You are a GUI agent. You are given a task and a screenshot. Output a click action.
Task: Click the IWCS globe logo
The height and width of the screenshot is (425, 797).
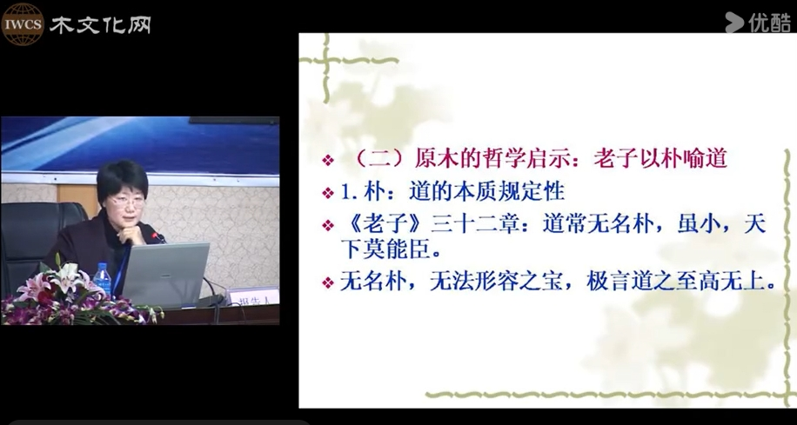pyautogui.click(x=23, y=23)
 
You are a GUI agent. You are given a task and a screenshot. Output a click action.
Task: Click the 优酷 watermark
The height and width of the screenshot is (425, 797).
pyautogui.click(x=758, y=23)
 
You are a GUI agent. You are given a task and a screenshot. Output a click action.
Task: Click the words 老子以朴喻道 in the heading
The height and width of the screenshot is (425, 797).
pyautogui.click(x=660, y=159)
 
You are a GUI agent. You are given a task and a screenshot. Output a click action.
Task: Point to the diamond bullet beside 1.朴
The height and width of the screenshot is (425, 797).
pyautogui.click(x=328, y=193)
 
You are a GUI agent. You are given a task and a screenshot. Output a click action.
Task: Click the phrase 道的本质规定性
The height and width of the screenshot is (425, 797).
pyautogui.click(x=487, y=192)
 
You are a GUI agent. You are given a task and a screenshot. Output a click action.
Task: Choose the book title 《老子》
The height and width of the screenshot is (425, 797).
pyautogui.click(x=385, y=224)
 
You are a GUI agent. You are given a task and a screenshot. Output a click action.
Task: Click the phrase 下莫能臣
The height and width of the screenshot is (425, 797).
pyautogui.click(x=385, y=250)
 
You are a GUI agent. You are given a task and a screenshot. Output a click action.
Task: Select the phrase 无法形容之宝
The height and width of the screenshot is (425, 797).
pyautogui.click(x=496, y=282)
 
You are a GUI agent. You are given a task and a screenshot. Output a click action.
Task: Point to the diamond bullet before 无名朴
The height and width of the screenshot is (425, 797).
pyautogui.click(x=328, y=282)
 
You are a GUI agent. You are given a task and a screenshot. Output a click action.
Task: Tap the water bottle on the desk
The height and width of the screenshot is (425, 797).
pyautogui.click(x=103, y=279)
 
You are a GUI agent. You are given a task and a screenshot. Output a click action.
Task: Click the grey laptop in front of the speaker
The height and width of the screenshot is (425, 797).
pyautogui.click(x=165, y=274)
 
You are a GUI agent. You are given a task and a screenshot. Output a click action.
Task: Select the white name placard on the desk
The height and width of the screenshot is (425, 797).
pyautogui.click(x=252, y=297)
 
